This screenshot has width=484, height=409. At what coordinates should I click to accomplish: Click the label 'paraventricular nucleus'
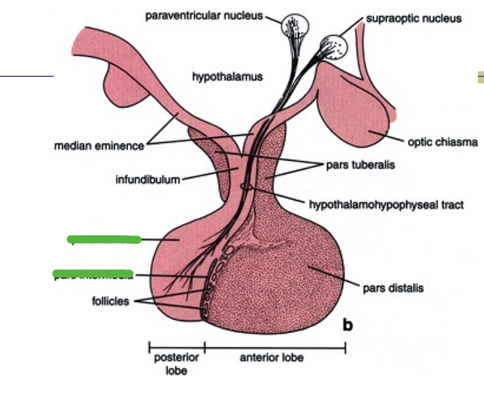pyautogui.click(x=204, y=16)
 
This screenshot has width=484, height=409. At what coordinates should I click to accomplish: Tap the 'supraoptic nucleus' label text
pyautogui.click(x=414, y=19)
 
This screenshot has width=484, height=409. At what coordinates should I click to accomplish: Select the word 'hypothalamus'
pyautogui.click(x=227, y=77)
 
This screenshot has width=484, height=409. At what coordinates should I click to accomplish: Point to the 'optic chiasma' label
pyautogui.click(x=443, y=142)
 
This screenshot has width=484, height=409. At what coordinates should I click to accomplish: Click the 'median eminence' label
pyautogui.click(x=99, y=147)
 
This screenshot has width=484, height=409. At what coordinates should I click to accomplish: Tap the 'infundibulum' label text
pyautogui.click(x=148, y=180)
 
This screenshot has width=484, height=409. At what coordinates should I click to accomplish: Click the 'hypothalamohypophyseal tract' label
pyautogui.click(x=386, y=205)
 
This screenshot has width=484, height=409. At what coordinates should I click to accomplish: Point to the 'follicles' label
pyautogui.click(x=111, y=302)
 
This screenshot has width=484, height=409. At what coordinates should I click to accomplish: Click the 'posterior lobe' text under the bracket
pyautogui.click(x=176, y=364)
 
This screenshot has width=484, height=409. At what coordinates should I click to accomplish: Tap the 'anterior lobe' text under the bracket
pyautogui.click(x=272, y=359)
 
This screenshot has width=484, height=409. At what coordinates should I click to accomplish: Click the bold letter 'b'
pyautogui.click(x=348, y=325)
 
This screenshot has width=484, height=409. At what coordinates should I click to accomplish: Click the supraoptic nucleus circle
pyautogui.click(x=334, y=47)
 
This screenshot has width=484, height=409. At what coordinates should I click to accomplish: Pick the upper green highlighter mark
pyautogui.click(x=104, y=240)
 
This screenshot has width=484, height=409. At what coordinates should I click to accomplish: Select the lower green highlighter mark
pyautogui.click(x=93, y=274)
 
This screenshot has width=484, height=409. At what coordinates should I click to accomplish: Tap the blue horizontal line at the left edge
pyautogui.click(x=27, y=76)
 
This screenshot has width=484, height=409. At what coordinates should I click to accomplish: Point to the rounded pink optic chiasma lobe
pyautogui.click(x=358, y=114)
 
